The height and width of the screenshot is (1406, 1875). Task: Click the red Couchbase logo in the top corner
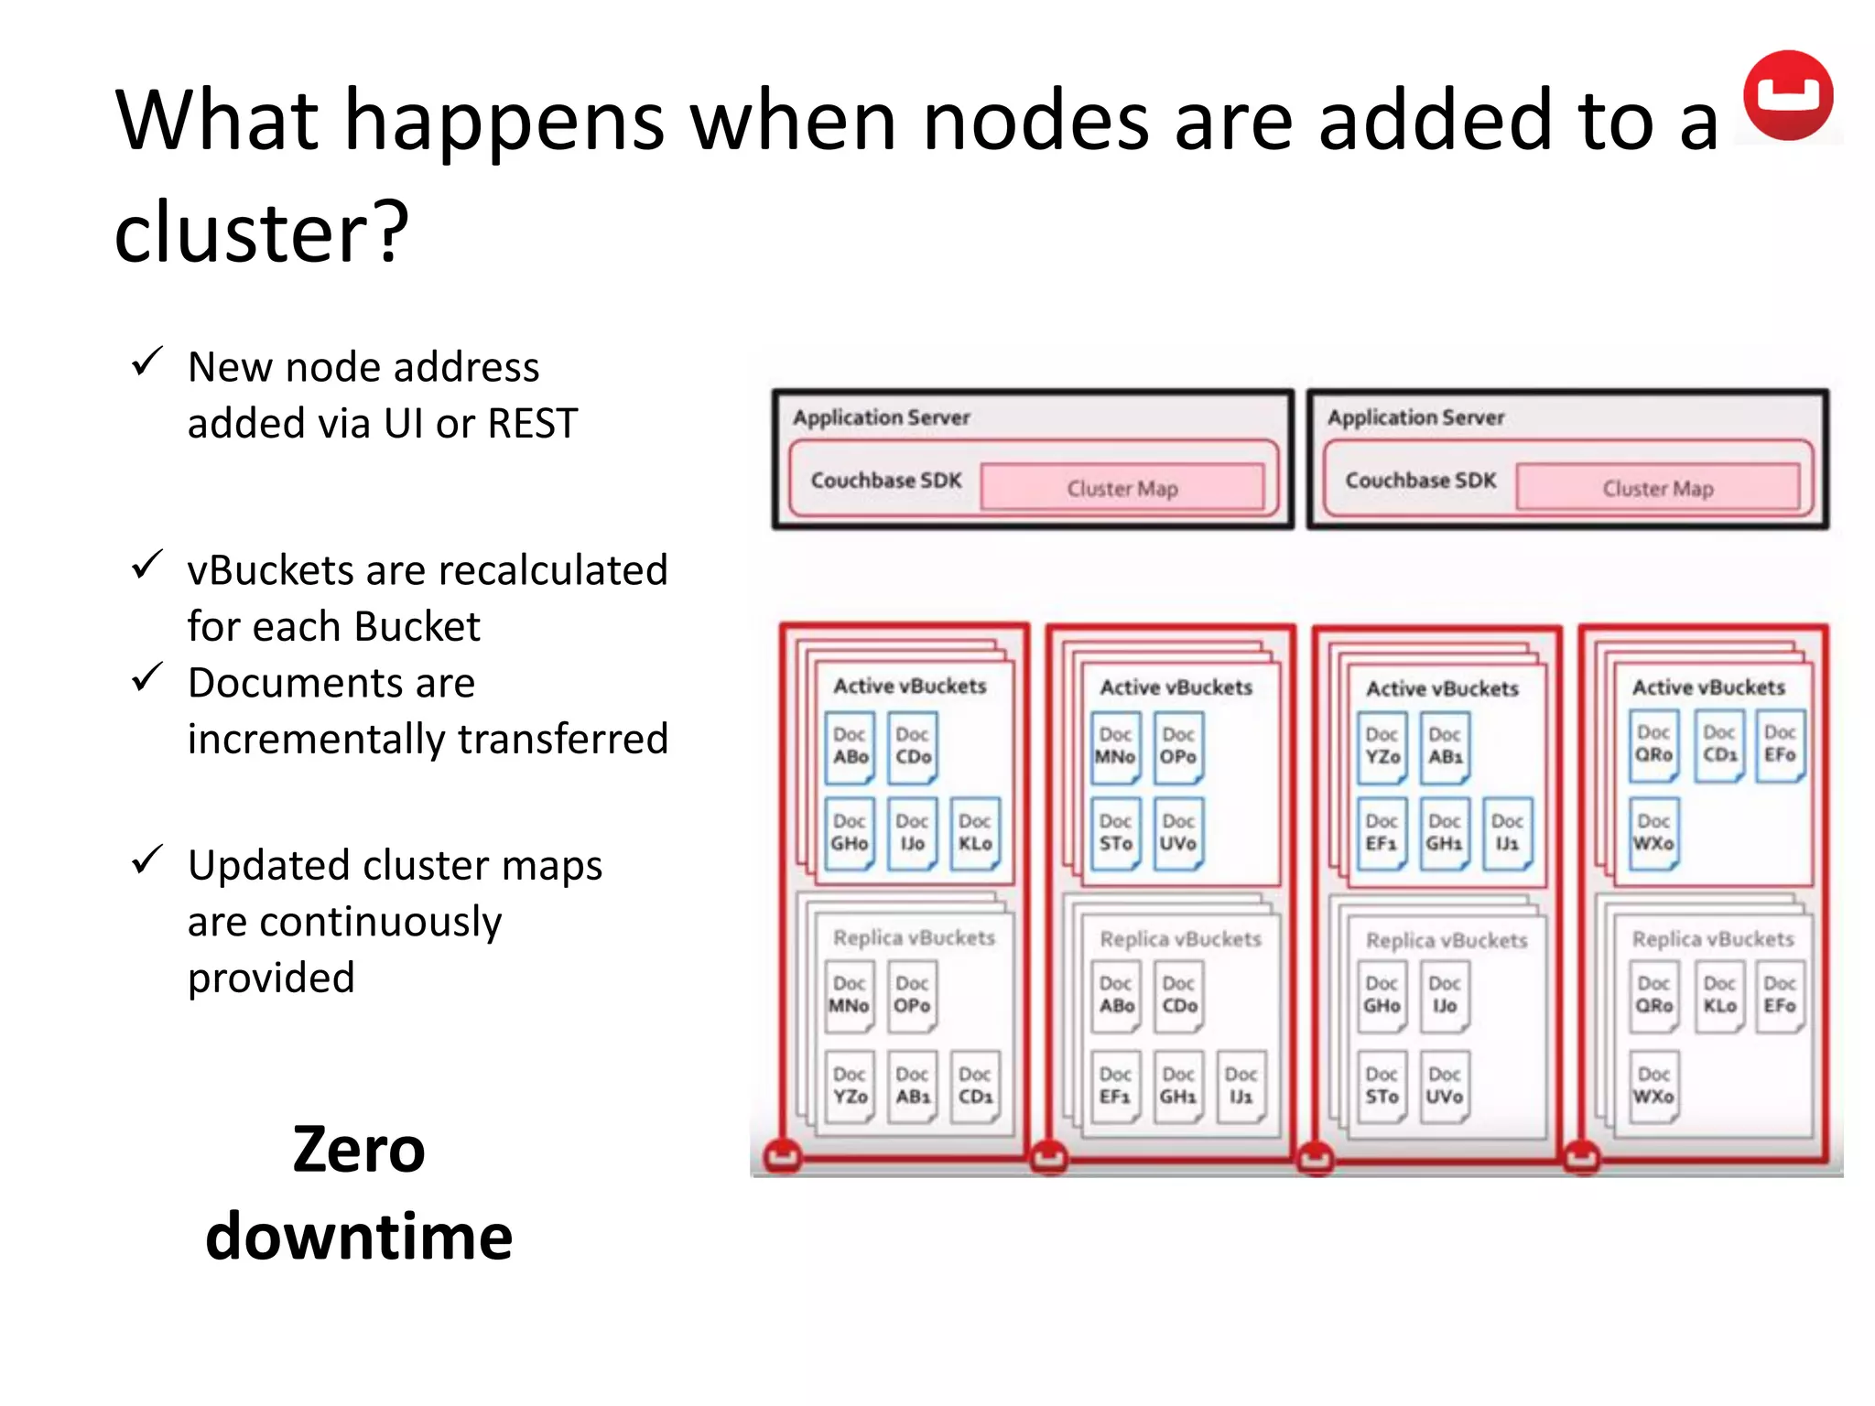pyautogui.click(x=1787, y=95)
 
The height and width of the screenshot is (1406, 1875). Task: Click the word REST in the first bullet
pyautogui.click(x=533, y=424)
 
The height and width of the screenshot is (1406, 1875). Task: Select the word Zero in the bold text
pyautogui.click(x=359, y=1150)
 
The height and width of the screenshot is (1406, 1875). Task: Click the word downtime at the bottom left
pyautogui.click(x=359, y=1237)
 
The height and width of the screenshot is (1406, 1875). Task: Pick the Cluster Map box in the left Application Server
pyautogui.click(x=1122, y=488)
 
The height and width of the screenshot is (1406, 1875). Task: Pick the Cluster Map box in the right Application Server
pyautogui.click(x=1657, y=488)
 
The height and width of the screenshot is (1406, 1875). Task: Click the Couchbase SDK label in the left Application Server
pyautogui.click(x=886, y=481)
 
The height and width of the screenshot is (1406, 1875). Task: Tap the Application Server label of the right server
pyautogui.click(x=1415, y=417)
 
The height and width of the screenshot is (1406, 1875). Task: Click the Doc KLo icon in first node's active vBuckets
pyautogui.click(x=975, y=833)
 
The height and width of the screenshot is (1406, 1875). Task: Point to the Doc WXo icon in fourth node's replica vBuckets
pyautogui.click(x=1653, y=1086)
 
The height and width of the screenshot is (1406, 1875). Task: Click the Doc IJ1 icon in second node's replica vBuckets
pyautogui.click(x=1241, y=1086)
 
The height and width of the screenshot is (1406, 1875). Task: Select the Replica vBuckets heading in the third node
pyautogui.click(x=1447, y=940)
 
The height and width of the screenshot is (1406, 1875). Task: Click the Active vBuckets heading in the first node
pyautogui.click(x=909, y=687)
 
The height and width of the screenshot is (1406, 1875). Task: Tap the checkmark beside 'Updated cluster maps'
pyautogui.click(x=147, y=860)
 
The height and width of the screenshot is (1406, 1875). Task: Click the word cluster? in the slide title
pyautogui.click(x=261, y=232)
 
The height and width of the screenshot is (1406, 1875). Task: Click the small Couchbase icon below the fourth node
pyautogui.click(x=1581, y=1157)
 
